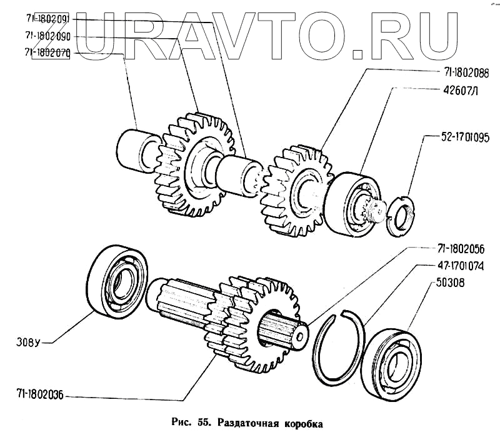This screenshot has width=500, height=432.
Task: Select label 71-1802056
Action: pos(452,248)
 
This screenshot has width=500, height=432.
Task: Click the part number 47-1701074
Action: pos(452,266)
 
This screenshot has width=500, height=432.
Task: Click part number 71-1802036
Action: pos(36,394)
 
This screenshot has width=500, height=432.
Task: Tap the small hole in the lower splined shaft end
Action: pos(301,336)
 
